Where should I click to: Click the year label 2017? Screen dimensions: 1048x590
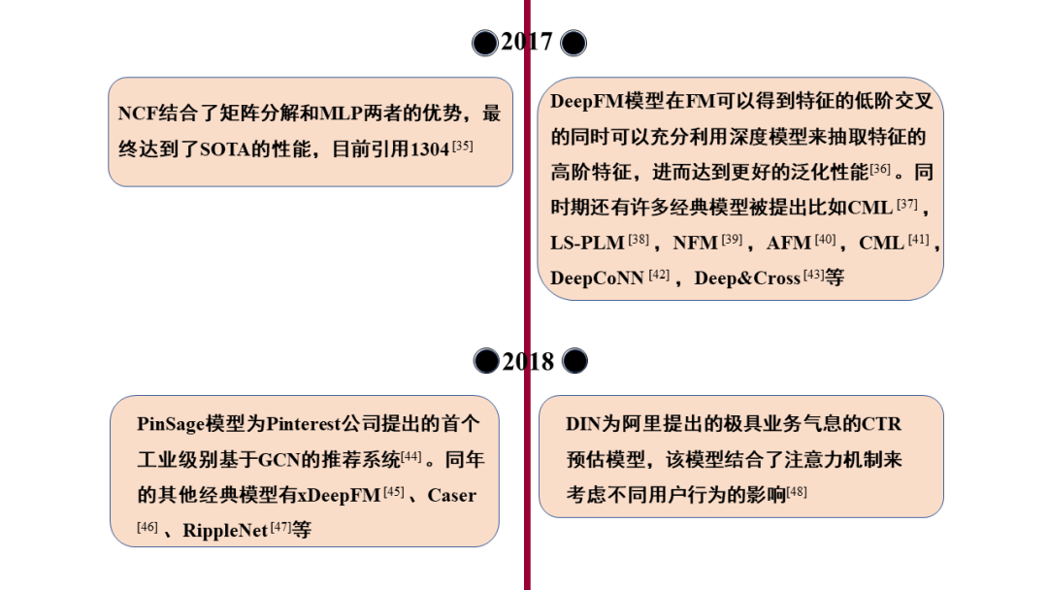pos(527,42)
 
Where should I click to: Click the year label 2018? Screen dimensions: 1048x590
pos(528,362)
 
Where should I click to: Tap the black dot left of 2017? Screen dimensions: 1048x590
pos(485,43)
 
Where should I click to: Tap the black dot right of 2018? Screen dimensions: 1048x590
pos(574,362)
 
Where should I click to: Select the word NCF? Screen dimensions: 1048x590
pos(138,113)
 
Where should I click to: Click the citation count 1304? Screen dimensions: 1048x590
pos(430,149)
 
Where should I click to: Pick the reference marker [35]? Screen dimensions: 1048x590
pos(463,146)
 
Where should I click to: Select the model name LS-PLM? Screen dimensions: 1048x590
pos(587,243)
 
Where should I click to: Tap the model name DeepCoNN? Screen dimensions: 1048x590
pos(597,279)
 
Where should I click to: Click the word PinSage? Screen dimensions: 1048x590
pos(171,424)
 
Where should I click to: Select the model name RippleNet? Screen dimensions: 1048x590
pos(224,531)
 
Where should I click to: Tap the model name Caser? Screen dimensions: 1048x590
pos(451,495)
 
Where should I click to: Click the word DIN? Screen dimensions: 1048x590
pos(585,424)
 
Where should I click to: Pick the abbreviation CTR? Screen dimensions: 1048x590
pos(882,424)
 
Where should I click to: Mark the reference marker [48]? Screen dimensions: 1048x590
pos(797,492)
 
